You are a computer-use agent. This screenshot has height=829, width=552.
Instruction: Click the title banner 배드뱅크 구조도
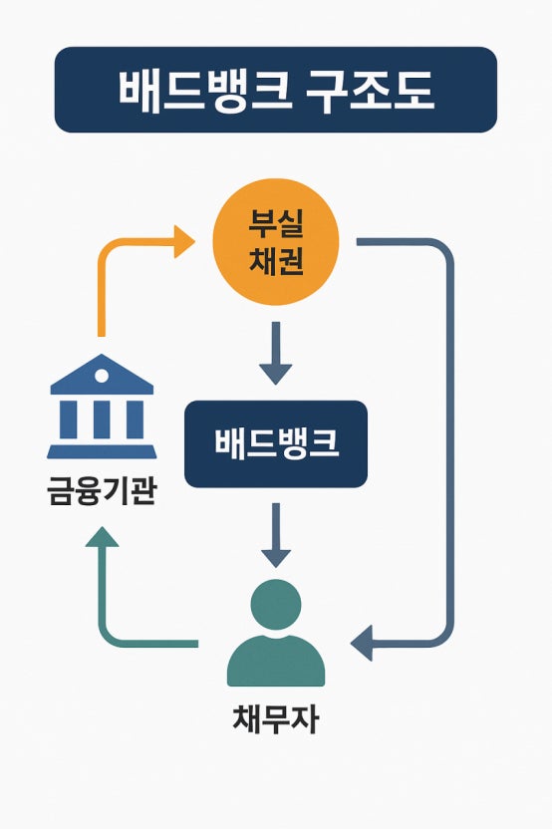[x=275, y=90]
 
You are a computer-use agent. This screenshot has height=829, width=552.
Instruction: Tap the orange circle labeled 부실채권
[x=276, y=244]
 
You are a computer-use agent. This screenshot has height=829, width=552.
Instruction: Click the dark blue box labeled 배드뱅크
[x=276, y=444]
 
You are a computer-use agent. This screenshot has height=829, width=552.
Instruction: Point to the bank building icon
[x=102, y=408]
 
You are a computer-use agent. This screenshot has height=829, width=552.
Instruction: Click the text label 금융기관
[x=102, y=489]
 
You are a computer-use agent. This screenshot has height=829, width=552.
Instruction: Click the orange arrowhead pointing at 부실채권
[x=184, y=241]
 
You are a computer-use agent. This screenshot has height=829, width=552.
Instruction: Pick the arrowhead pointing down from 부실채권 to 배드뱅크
[x=275, y=373]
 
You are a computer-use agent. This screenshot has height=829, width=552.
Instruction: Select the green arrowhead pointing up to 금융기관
[x=102, y=538]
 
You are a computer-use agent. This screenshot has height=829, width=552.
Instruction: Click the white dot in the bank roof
[x=102, y=375]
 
